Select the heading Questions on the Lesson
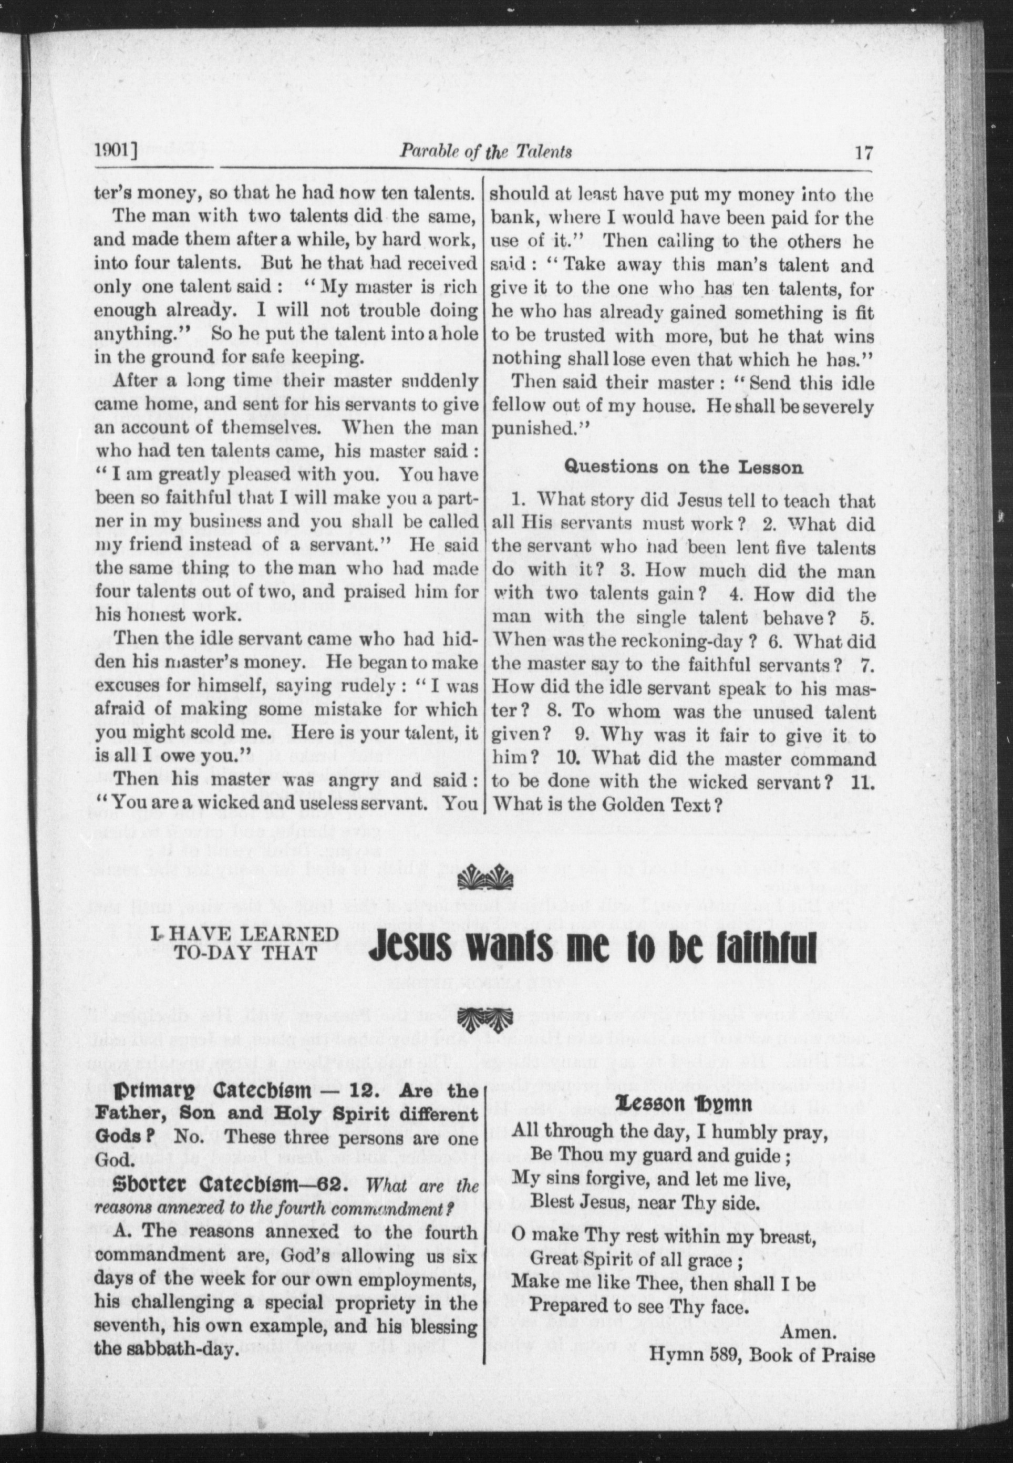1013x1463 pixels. pos(684,467)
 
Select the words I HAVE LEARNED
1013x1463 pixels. pos(245,934)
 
